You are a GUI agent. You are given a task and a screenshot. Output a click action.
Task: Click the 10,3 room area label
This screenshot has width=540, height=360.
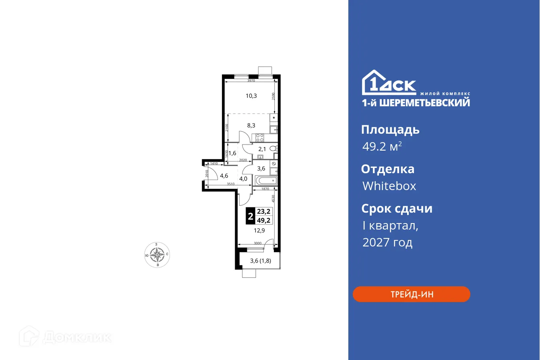click(251, 96)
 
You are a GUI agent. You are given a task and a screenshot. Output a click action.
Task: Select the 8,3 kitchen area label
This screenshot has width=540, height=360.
click(251, 125)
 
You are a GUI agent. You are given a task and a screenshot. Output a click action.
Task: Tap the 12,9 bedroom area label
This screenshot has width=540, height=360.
click(259, 230)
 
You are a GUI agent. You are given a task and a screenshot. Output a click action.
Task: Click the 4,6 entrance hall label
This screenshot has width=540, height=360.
click(224, 176)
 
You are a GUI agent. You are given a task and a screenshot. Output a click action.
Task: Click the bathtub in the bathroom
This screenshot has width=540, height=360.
click(266, 181)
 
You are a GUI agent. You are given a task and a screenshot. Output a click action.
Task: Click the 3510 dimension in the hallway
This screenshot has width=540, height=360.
click(230, 184)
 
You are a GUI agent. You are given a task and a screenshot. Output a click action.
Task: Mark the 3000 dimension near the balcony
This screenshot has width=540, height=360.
click(257, 243)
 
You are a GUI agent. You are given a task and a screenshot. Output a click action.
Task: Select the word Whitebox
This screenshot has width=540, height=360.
click(389, 186)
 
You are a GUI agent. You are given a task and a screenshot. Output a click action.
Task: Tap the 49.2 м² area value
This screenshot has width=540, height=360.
click(382, 147)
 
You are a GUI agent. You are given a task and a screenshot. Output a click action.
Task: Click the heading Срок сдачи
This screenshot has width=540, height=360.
click(397, 209)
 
